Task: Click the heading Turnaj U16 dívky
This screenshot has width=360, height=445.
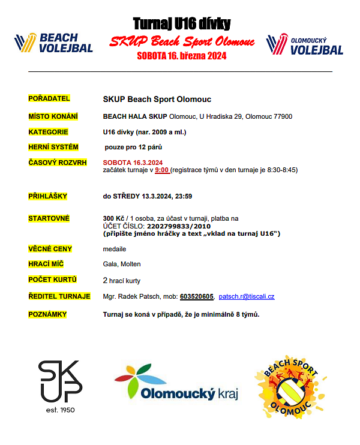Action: [181, 23]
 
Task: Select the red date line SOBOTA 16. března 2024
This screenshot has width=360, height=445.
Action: [181, 56]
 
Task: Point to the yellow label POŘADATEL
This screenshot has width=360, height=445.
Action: [49, 98]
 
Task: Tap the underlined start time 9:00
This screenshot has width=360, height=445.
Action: [161, 170]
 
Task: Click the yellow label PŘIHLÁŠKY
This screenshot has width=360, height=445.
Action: [48, 196]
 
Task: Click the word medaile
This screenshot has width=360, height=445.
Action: [115, 248]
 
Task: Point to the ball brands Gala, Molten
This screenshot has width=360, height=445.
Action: [121, 263]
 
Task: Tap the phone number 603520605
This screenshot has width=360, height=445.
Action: [197, 296]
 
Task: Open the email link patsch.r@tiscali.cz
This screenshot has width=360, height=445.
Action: [247, 296]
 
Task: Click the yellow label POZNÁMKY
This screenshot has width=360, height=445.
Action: [48, 314]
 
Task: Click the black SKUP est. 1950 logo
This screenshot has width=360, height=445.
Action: [60, 385]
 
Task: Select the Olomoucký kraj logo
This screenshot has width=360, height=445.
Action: [176, 384]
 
